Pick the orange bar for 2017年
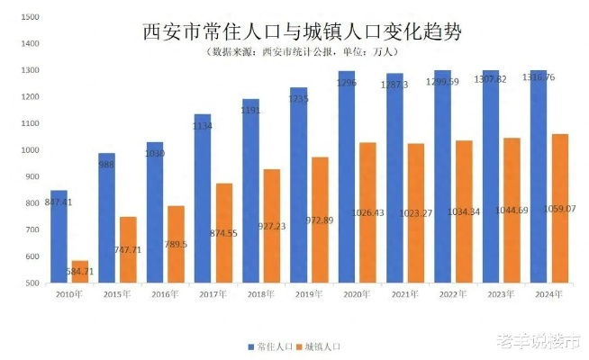click(x=224, y=233)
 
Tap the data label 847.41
click(x=56, y=202)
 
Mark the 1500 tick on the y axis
click(x=29, y=17)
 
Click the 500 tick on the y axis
click(x=32, y=283)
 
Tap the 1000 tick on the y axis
click(x=29, y=150)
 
